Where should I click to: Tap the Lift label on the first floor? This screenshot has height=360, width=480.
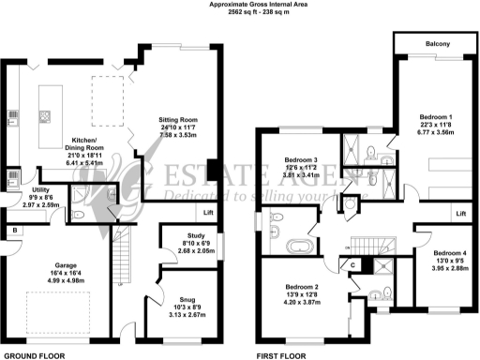pos(460,215)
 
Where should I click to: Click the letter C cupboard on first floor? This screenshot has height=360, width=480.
pos(352,265)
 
